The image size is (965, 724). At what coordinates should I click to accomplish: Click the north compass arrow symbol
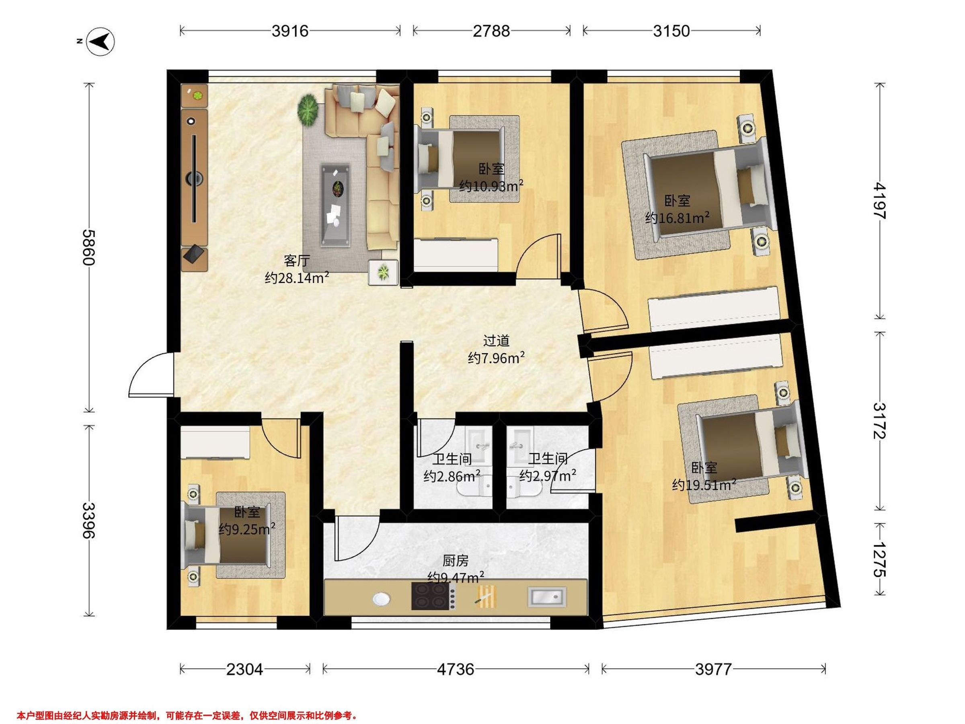101,42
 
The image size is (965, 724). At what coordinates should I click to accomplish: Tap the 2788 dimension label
491,31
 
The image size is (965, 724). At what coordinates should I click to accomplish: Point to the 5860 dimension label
88,247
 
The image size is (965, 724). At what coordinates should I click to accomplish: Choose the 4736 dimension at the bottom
456,669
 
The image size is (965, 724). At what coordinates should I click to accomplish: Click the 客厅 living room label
297,261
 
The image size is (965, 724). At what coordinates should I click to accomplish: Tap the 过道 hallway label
496,340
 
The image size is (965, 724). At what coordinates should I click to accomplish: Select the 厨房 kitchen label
456,560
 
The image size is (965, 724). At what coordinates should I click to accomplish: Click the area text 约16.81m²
677,217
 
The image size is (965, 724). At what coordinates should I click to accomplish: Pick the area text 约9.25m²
247,529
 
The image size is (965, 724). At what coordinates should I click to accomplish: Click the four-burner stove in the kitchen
430,596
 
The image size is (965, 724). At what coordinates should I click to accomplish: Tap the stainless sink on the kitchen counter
546,596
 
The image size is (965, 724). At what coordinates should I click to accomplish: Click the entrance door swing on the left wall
150,375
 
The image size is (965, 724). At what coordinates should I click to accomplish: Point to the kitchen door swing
355,538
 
